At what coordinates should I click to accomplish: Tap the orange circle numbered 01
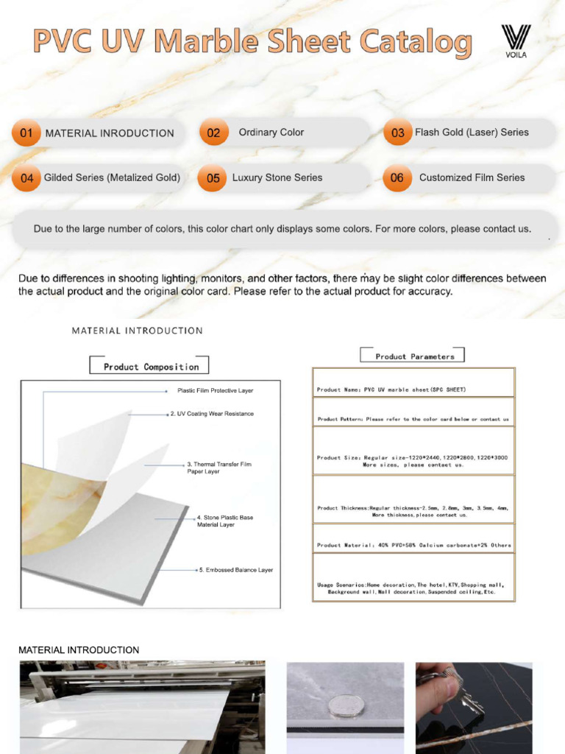26,133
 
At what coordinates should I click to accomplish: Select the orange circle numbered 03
397,133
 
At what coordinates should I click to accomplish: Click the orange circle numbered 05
213,178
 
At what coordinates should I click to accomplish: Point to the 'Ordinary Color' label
271,133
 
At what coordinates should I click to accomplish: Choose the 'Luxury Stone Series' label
277,177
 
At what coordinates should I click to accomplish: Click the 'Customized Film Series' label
472,177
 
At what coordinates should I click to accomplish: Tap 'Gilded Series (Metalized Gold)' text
112,177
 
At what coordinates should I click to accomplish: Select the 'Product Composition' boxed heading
151,367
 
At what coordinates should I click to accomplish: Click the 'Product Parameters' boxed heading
415,356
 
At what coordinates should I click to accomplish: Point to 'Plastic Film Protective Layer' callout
215,390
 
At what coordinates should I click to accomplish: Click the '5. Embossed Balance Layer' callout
235,570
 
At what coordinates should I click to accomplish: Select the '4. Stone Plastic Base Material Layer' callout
225,521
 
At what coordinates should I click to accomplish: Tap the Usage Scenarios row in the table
413,588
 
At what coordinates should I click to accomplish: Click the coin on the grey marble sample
345,706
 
